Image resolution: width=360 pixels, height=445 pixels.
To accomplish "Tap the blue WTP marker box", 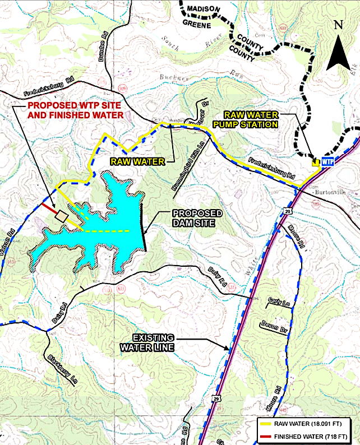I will coord(327,162).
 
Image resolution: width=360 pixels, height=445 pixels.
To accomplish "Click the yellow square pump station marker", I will coord(316,163).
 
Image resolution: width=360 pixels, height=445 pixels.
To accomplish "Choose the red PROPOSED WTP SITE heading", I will coord(76,109).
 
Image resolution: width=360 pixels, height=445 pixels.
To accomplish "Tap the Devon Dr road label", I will coord(274,327).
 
